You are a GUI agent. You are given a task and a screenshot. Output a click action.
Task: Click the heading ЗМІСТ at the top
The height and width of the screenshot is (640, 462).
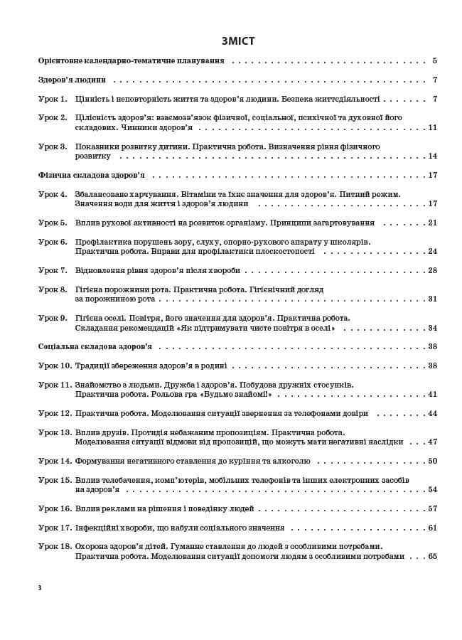pyautogui.click(x=237, y=41)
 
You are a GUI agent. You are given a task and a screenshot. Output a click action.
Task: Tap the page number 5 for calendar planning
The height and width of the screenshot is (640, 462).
pyautogui.click(x=434, y=61)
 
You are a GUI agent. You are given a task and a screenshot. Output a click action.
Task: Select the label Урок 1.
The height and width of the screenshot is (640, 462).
pyautogui.click(x=53, y=99)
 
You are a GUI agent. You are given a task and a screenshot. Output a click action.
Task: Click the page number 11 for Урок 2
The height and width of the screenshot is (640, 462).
pyautogui.click(x=432, y=128)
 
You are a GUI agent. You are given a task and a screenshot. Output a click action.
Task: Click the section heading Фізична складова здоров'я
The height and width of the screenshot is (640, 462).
pyautogui.click(x=91, y=175)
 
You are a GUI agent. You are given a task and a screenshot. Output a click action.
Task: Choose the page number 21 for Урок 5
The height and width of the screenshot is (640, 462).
pyautogui.click(x=432, y=223)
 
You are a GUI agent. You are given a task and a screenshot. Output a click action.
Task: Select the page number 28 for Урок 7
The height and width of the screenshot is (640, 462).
pyautogui.click(x=432, y=270)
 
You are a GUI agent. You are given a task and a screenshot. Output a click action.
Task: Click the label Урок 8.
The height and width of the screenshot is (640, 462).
pyautogui.click(x=53, y=289)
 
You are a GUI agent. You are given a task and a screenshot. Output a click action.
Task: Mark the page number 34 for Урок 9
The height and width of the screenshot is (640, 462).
pyautogui.click(x=432, y=328)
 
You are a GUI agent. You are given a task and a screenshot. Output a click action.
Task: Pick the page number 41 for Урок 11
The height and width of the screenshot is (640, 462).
pyautogui.click(x=432, y=394)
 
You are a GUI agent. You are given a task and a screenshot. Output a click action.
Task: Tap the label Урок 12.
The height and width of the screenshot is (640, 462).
pyautogui.click(x=55, y=413)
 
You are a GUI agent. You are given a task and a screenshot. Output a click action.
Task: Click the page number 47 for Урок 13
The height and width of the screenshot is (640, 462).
pyautogui.click(x=432, y=442)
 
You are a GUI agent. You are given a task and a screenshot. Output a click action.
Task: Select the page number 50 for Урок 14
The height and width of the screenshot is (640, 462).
pyautogui.click(x=432, y=461)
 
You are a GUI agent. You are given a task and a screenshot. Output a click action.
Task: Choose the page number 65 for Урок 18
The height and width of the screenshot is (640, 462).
pyautogui.click(x=432, y=556)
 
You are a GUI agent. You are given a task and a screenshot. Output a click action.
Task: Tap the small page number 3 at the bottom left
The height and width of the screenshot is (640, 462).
pyautogui.click(x=40, y=587)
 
